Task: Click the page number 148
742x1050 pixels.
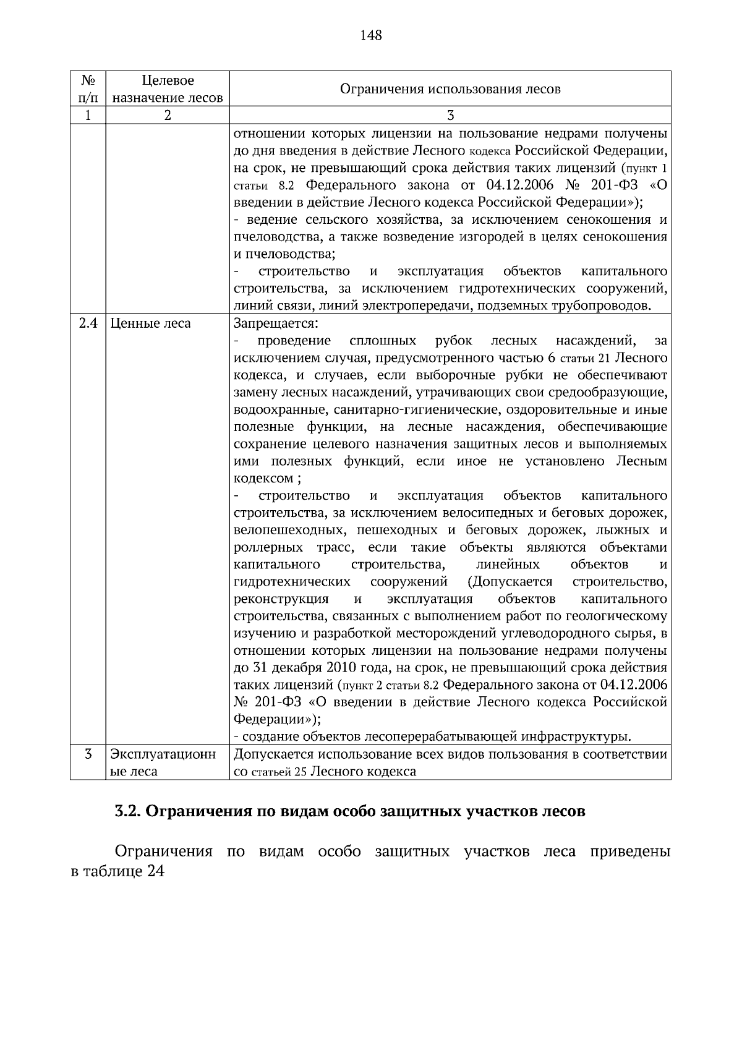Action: point(371,35)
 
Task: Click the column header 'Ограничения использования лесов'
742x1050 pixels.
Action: point(450,89)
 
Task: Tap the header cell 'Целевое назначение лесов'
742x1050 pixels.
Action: point(168,89)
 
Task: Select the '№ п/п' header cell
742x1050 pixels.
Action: point(88,89)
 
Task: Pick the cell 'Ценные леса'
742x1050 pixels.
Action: point(151,323)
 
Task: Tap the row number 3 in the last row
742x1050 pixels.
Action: point(88,754)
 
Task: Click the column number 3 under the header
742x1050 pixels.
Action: point(450,116)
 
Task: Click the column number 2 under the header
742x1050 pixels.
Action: point(168,116)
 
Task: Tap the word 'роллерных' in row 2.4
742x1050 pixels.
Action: point(268,548)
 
